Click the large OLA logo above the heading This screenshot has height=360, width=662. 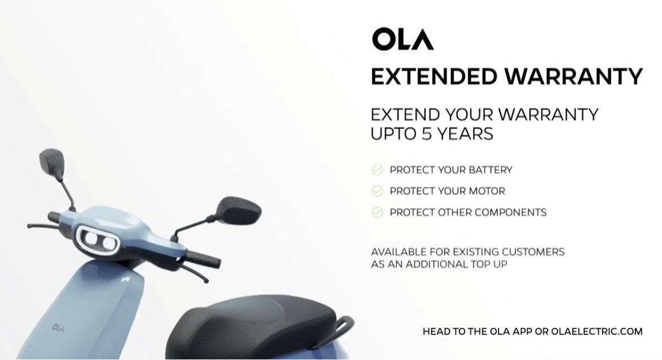[x=403, y=39]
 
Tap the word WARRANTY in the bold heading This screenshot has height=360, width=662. [x=573, y=76]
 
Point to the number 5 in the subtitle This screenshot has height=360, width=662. [x=427, y=134]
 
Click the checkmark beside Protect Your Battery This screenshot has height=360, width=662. [x=377, y=169]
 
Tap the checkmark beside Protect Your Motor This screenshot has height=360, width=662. [x=377, y=191]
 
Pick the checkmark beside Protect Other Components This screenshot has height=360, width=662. [x=377, y=212]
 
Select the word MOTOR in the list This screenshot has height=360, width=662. [x=487, y=191]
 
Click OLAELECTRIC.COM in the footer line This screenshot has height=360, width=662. [x=596, y=332]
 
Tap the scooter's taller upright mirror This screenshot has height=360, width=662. [x=52, y=162]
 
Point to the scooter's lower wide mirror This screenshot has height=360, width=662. [x=239, y=210]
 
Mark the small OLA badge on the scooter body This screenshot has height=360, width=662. [x=58, y=328]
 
